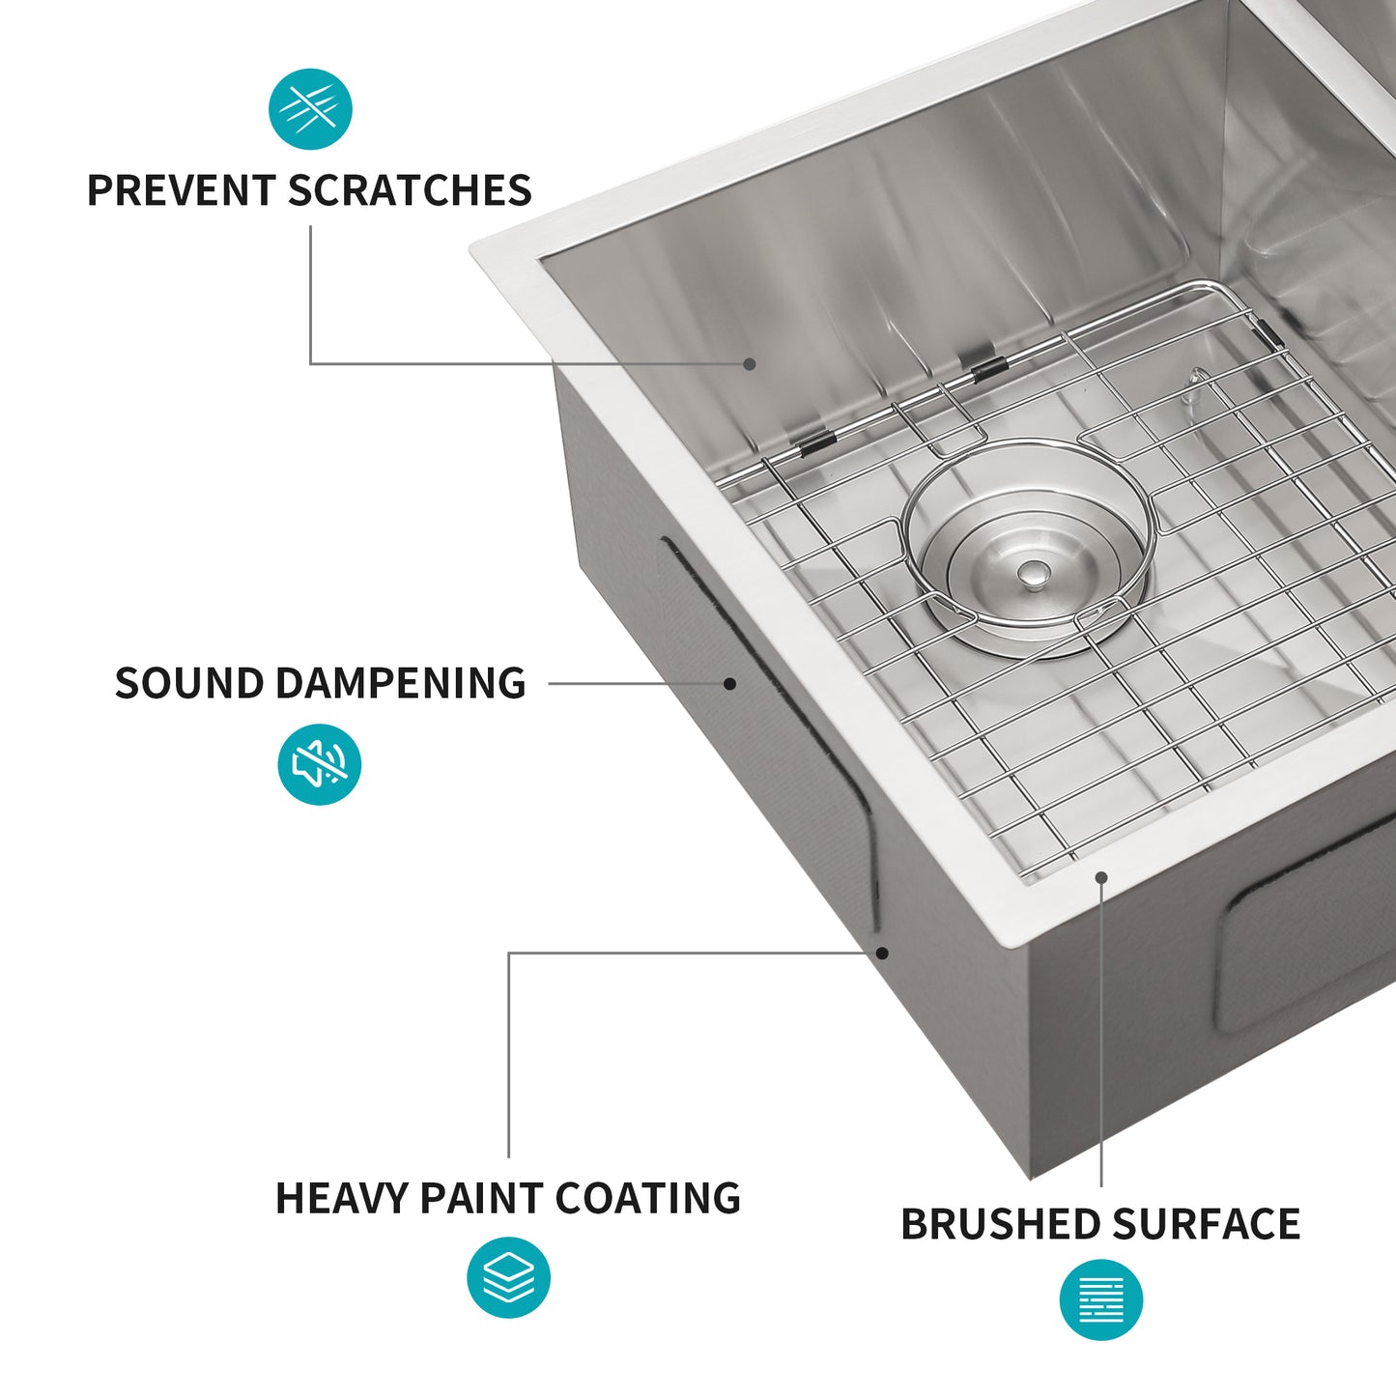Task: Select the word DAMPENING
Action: click(401, 683)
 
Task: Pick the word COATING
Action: click(647, 1198)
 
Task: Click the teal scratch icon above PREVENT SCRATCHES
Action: click(310, 109)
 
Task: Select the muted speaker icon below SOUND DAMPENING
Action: click(319, 764)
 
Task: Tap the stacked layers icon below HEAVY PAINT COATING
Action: click(508, 1277)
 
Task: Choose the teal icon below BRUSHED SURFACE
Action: click(1100, 1299)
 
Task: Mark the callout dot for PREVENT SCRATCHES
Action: click(750, 364)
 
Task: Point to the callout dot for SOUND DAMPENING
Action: click(730, 683)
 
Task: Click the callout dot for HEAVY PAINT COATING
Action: click(882, 953)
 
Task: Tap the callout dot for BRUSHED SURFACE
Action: click(1100, 877)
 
